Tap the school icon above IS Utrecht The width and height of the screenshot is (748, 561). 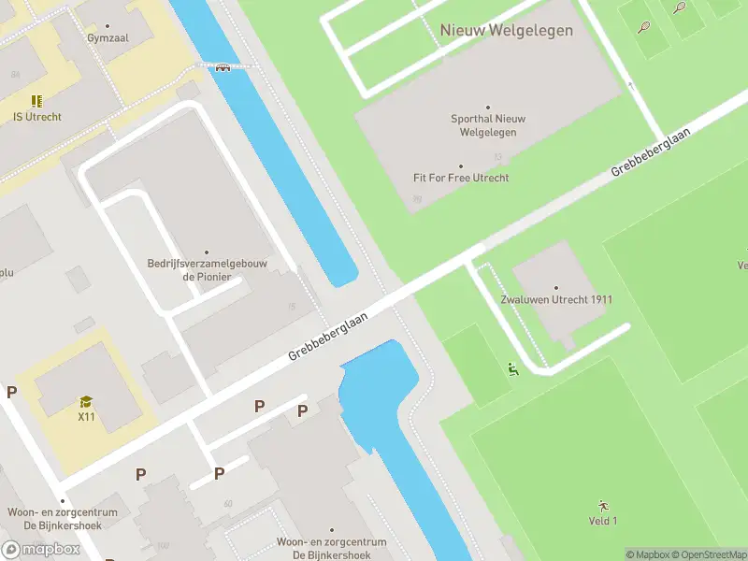[x=36, y=101]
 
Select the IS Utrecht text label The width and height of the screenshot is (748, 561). [x=37, y=117]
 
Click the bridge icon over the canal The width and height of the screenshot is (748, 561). [x=223, y=66]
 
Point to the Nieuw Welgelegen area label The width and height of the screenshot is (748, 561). [x=506, y=31]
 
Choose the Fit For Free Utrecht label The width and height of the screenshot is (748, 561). [x=461, y=178]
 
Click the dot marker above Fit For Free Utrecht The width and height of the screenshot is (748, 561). [x=461, y=165]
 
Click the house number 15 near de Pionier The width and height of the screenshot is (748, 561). [x=292, y=307]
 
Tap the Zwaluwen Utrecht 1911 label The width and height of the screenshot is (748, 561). [x=556, y=300]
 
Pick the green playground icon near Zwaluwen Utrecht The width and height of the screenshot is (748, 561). [x=511, y=369]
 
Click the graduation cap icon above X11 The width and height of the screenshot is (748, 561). [x=86, y=402]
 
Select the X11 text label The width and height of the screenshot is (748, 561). [x=86, y=417]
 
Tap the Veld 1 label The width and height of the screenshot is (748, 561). [x=602, y=521]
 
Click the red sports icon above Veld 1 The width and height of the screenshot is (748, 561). [x=602, y=506]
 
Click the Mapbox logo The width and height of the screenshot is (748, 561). [x=41, y=549]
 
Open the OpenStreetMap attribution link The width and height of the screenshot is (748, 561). [x=707, y=554]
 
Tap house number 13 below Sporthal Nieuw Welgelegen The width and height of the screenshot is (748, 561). [x=497, y=156]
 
